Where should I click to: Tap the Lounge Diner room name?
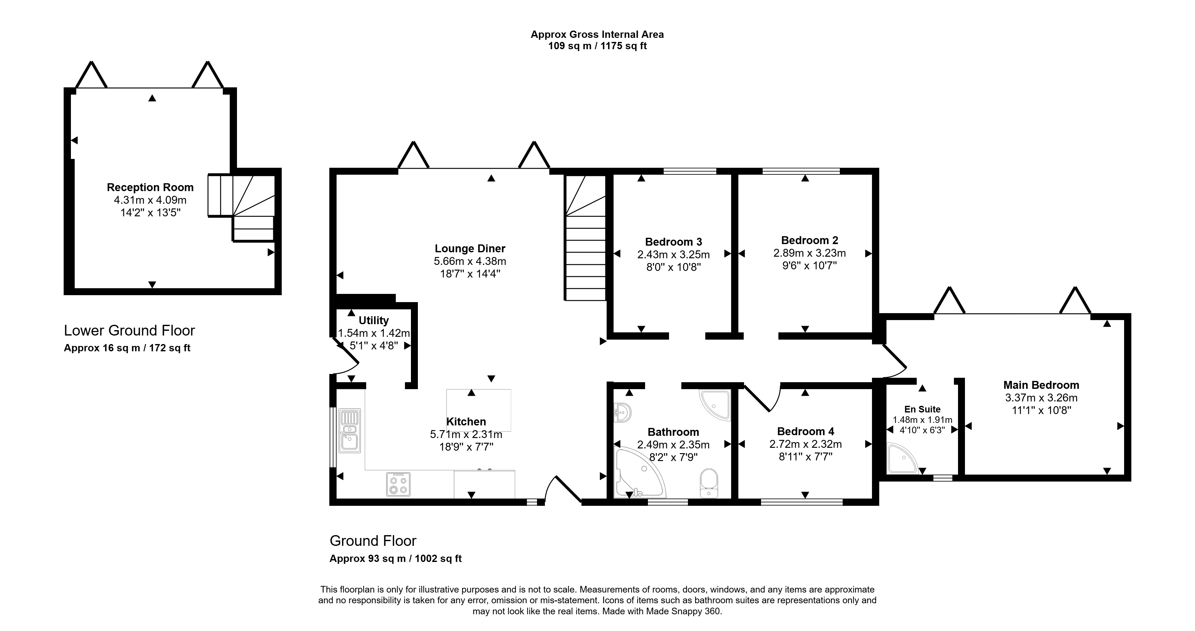[470, 249]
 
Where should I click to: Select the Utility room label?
[373, 320]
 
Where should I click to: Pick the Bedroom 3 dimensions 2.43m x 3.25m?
[673, 254]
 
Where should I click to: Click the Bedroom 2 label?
[810, 241]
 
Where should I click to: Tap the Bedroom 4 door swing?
[764, 397]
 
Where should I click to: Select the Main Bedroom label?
[1041, 385]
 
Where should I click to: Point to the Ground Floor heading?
[373, 541]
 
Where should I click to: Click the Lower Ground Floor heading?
[130, 330]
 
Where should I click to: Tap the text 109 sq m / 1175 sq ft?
[597, 46]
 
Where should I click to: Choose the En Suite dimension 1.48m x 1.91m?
[922, 420]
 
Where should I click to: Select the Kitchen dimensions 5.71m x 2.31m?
[466, 435]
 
